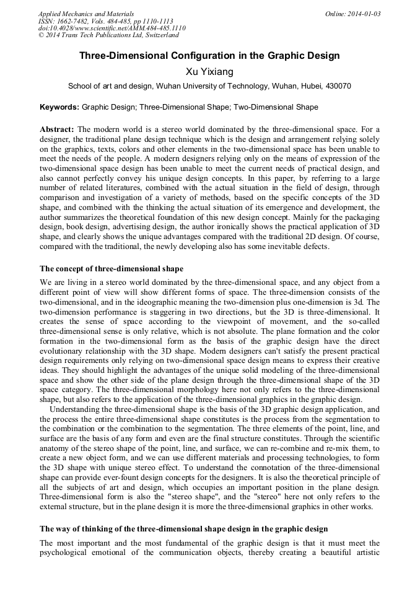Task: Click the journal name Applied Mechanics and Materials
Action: pos(85,14)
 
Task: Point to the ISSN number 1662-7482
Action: pos(76,21)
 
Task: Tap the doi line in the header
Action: pos(112,28)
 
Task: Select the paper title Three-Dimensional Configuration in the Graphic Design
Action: pos(209,56)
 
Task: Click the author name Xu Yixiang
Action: pos(209,72)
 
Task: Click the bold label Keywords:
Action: pos(59,107)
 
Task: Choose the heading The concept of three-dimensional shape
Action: pos(112,268)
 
